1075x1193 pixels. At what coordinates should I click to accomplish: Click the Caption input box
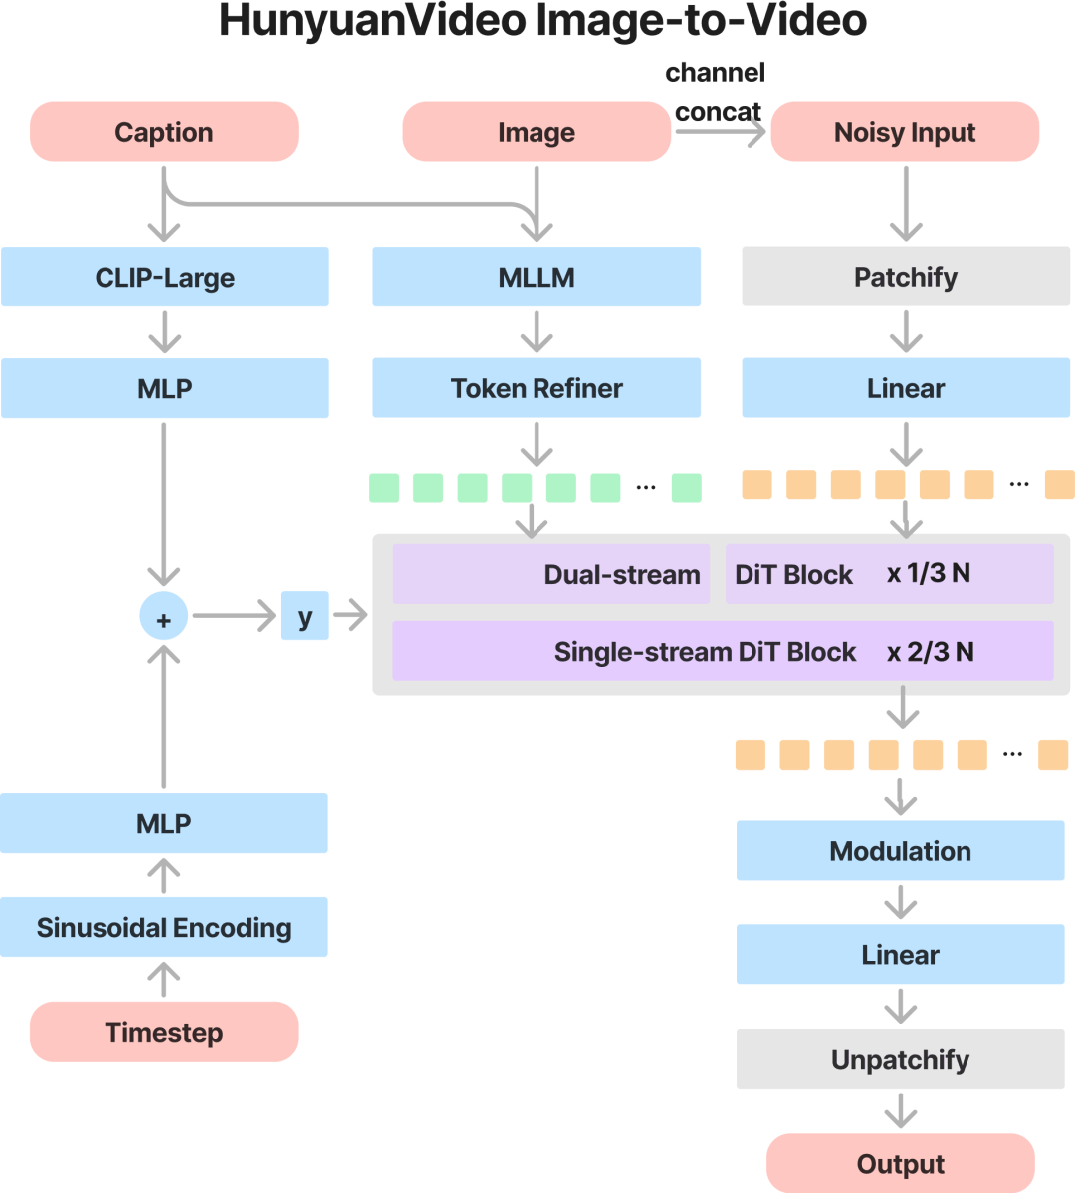tap(163, 131)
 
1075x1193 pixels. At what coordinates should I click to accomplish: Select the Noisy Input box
tap(905, 131)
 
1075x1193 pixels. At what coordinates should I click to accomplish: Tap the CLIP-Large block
tap(164, 277)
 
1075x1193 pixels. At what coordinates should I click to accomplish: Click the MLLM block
tap(536, 277)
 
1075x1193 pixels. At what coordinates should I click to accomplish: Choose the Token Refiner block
tap(536, 387)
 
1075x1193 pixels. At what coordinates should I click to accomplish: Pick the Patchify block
tap(906, 276)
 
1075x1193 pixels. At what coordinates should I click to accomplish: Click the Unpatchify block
tap(900, 1059)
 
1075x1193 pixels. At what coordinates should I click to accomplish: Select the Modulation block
tap(900, 850)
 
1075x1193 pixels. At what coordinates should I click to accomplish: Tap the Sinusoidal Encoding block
tap(163, 927)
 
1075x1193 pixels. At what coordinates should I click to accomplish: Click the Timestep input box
tap(163, 1032)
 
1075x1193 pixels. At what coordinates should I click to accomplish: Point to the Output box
tap(900, 1163)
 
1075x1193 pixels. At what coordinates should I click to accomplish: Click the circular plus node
tap(163, 616)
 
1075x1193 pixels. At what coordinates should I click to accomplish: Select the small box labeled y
tap(305, 616)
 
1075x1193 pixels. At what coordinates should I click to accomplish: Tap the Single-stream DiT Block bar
tap(723, 651)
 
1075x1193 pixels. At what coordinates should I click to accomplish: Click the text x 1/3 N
tap(928, 573)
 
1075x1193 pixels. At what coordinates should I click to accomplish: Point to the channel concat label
tap(716, 93)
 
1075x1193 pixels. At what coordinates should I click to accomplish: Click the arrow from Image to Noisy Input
tap(721, 132)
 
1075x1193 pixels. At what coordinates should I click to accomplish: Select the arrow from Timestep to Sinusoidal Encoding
tap(163, 980)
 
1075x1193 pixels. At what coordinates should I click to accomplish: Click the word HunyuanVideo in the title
tap(372, 21)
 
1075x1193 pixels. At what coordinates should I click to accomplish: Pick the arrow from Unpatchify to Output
tap(901, 1110)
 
